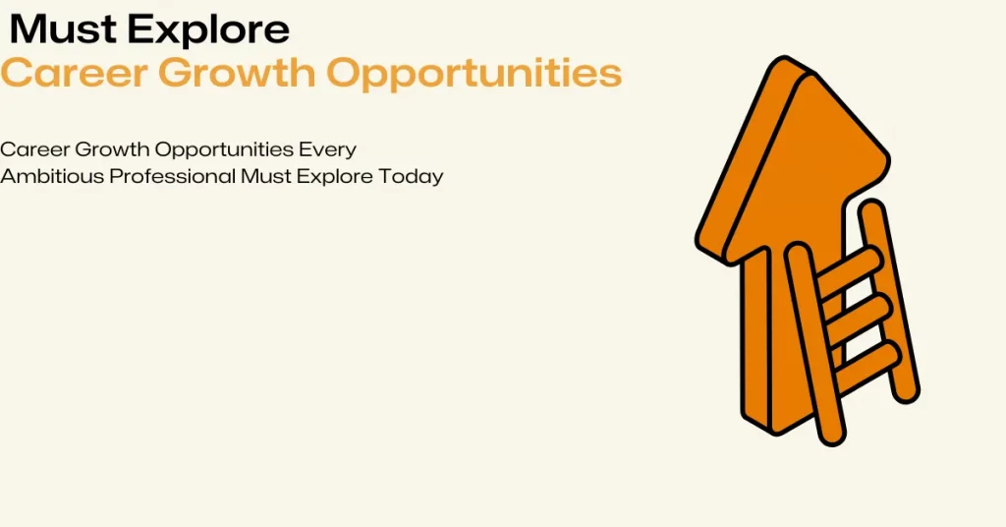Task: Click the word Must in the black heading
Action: [64, 29]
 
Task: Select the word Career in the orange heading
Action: [74, 73]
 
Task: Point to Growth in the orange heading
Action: [238, 73]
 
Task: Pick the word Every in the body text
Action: [327, 150]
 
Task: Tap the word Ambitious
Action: [52, 176]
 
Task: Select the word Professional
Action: [172, 176]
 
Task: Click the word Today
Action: [411, 177]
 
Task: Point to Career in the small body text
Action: [34, 149]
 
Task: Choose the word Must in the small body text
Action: [265, 176]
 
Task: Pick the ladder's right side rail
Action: [889, 302]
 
